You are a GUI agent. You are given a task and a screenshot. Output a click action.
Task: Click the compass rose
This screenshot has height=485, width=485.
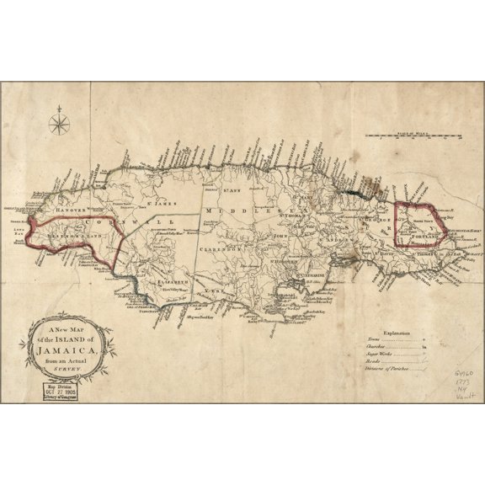[x=60, y=125]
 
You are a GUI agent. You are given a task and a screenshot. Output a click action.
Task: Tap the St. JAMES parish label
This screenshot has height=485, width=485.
[x=160, y=201]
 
